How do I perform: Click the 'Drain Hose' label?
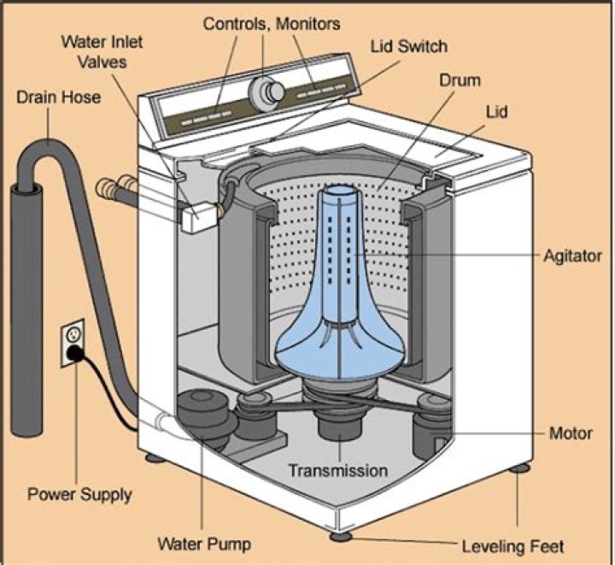coord(58,97)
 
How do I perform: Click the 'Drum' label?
coord(460,81)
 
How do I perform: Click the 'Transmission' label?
coord(337,470)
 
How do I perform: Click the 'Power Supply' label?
coord(79,493)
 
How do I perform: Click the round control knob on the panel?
coord(268,90)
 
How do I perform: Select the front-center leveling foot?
coord(342,537)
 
